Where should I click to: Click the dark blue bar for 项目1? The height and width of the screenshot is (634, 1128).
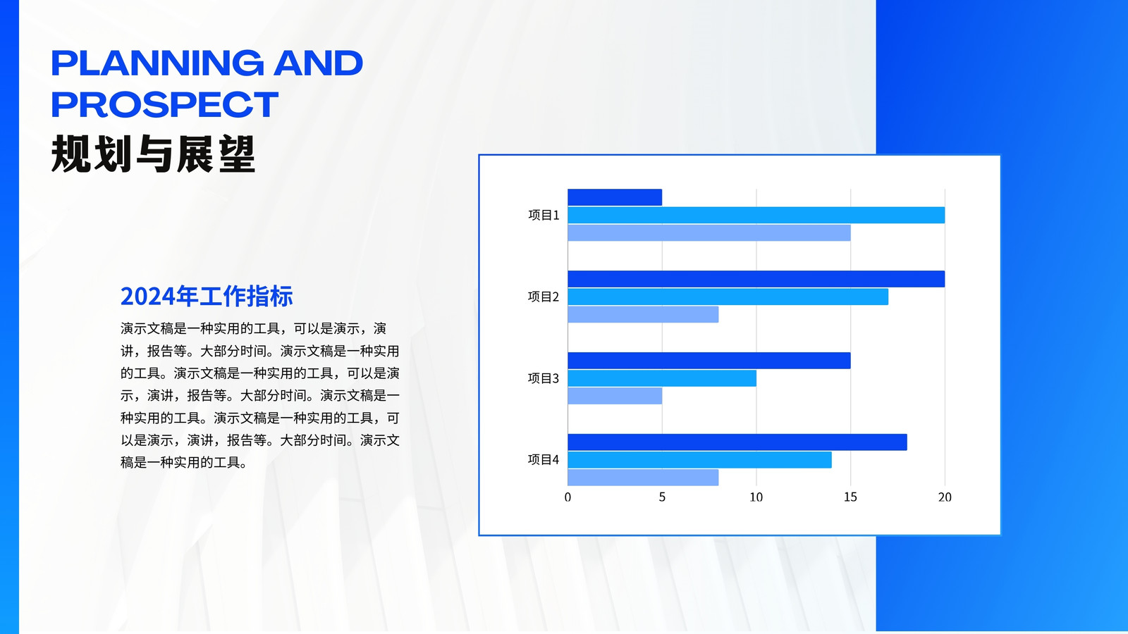click(615, 197)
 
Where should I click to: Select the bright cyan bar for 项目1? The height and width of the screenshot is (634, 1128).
click(756, 216)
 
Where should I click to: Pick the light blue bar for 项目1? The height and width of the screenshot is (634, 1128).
click(709, 233)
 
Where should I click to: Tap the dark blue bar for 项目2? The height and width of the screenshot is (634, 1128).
click(756, 279)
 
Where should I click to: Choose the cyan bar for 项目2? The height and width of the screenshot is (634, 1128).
click(728, 297)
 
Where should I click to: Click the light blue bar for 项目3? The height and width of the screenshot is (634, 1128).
click(615, 396)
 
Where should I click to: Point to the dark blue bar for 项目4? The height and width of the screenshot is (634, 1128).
click(737, 442)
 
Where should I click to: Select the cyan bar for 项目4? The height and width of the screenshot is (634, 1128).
click(700, 460)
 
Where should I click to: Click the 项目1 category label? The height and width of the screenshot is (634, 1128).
click(544, 216)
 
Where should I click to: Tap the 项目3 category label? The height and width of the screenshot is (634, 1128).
click(544, 378)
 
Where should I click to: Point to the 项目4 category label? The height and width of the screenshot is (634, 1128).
click(544, 460)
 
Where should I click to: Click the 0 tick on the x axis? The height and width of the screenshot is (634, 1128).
click(568, 497)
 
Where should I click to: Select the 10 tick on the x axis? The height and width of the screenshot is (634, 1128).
click(756, 497)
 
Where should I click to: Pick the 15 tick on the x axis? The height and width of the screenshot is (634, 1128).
click(850, 497)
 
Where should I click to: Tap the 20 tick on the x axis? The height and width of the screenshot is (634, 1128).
click(945, 497)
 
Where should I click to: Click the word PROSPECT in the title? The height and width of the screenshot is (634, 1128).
click(165, 105)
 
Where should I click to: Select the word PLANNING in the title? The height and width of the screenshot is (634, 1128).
click(157, 63)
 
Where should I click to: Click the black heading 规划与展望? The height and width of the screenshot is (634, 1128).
click(154, 154)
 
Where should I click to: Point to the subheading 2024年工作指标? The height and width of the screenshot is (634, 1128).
click(207, 296)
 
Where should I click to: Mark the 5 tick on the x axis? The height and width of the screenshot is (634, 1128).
click(662, 497)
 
